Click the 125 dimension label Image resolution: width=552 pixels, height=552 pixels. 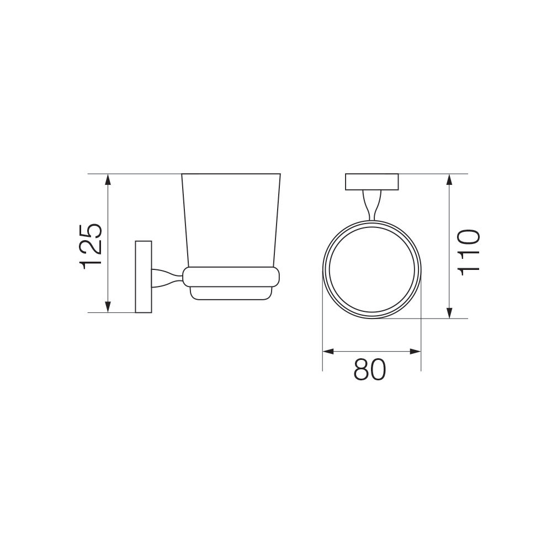[x=91, y=246]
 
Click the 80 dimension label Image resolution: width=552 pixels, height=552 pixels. [x=370, y=370]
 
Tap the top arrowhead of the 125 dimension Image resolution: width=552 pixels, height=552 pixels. [x=108, y=180]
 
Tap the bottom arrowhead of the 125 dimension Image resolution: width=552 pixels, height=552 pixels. [x=108, y=306]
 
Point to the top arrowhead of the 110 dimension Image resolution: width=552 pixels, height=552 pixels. [x=449, y=180]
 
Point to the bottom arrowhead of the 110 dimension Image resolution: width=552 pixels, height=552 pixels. [x=449, y=312]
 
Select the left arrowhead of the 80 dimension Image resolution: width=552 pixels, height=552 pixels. [x=328, y=351]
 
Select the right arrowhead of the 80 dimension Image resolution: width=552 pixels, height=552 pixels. [x=416, y=351]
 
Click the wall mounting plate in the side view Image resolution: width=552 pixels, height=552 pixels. [x=144, y=277]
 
